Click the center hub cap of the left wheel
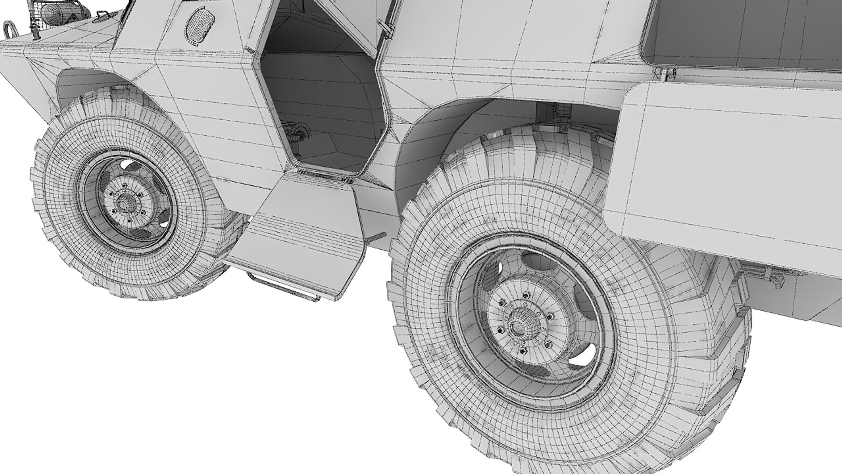127,201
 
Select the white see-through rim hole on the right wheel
583,355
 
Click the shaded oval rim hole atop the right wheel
539,262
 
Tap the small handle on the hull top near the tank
100,19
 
